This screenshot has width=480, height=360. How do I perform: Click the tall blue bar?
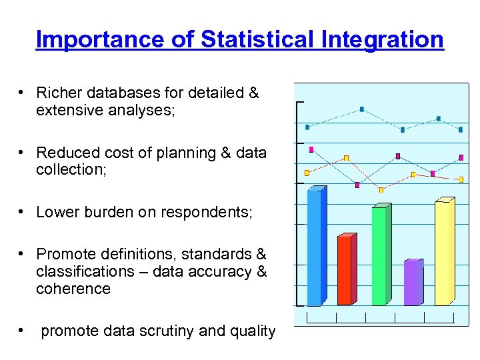pyautogui.click(x=314, y=247)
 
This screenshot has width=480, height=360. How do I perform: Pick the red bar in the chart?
pyautogui.click(x=344, y=270)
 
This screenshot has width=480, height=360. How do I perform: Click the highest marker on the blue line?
pyautogui.click(x=362, y=109)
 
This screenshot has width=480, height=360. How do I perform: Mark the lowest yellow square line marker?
pyautogui.click(x=381, y=190)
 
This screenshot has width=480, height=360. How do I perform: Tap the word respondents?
pyautogui.click(x=207, y=213)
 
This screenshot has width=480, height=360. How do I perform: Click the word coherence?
pyautogui.click(x=73, y=289)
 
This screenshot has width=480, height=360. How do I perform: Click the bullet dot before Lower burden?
pyautogui.click(x=23, y=212)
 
